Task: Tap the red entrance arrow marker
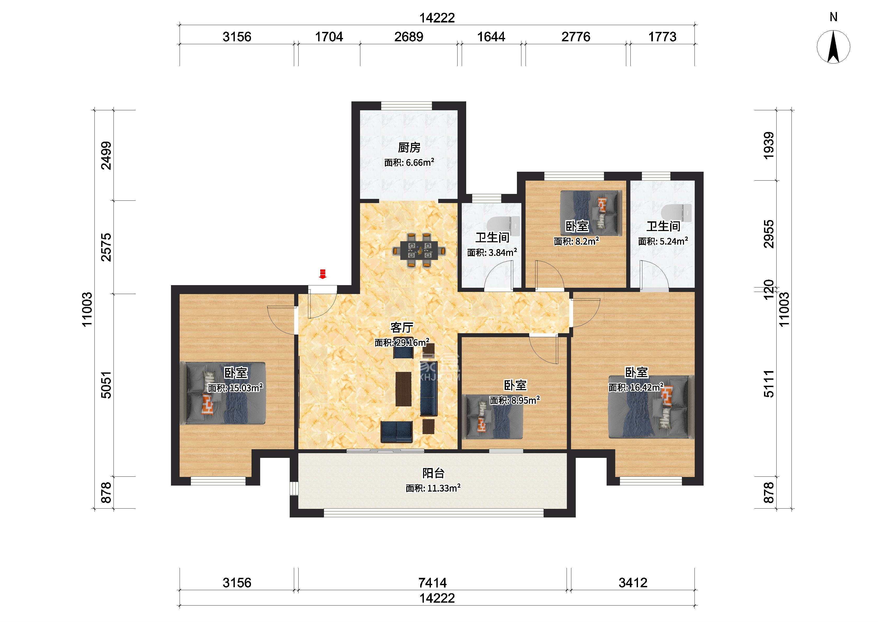[323, 274]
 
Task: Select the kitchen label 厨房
[409, 147]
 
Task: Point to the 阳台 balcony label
[433, 473]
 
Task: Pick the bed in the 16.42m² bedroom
[652, 407]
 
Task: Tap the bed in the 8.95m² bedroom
[494, 417]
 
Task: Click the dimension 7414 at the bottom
[432, 583]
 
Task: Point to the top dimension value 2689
[409, 37]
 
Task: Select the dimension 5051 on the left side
[106, 384]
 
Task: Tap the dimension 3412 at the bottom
[633, 583]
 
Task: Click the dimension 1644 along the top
[491, 37]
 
